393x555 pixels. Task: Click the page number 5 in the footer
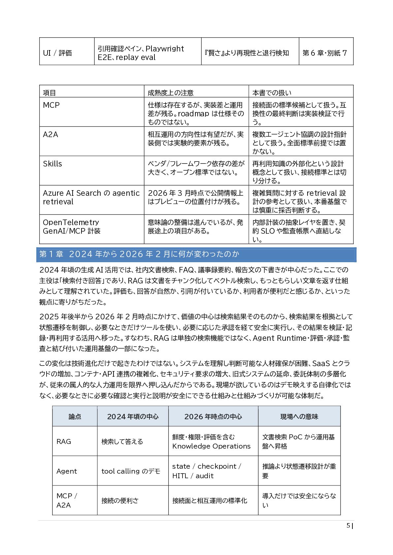point(348,526)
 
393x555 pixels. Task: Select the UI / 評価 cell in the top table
point(57,53)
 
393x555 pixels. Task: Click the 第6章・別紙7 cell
point(325,53)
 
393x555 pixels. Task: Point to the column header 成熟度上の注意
point(170,93)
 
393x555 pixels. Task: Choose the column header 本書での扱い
point(272,93)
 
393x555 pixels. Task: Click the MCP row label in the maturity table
point(51,105)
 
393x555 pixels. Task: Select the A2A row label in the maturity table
point(50,134)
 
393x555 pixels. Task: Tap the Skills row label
point(52,164)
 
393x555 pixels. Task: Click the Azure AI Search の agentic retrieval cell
point(91,197)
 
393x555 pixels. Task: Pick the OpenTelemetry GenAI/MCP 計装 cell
point(72,227)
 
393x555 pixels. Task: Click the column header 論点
point(75,417)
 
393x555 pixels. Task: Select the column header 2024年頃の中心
point(133,417)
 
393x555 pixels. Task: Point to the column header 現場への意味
point(299,417)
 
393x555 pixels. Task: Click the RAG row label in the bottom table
point(64,442)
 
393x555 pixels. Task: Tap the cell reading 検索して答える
point(122,442)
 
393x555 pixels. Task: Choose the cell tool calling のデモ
point(131,471)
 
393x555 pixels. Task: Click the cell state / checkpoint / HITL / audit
point(207,471)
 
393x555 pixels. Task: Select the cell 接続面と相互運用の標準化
point(210,501)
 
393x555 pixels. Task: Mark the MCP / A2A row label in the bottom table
point(67,501)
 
